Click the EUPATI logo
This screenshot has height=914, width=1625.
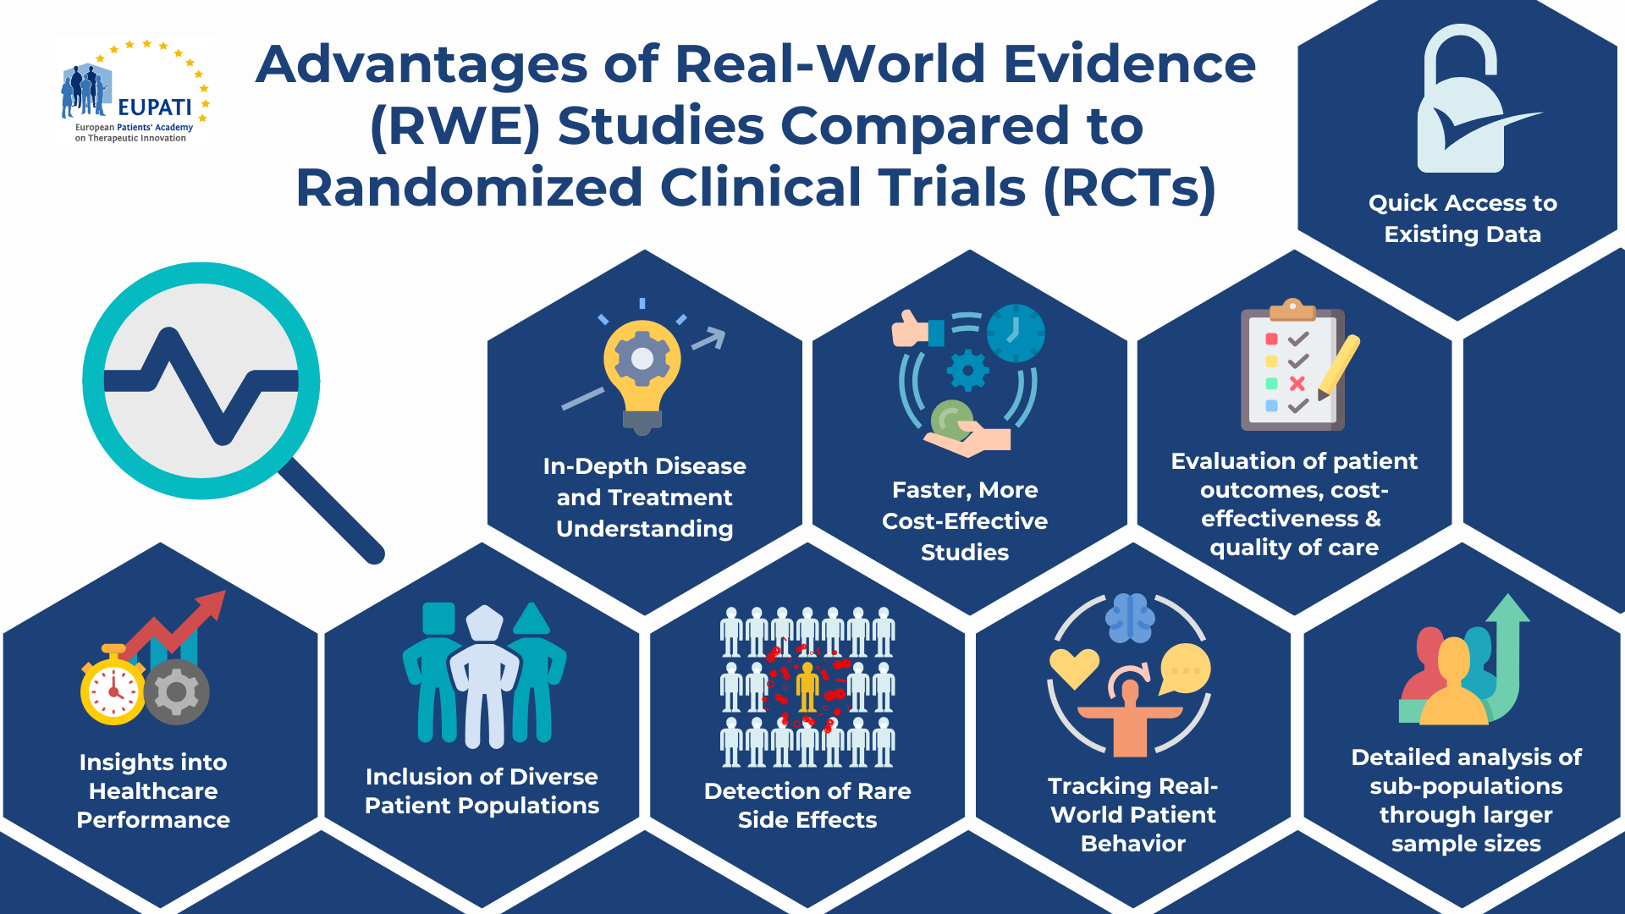tap(135, 91)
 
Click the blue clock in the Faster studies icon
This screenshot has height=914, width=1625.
tap(1016, 333)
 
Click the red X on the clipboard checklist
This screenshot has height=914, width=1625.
tap(1297, 383)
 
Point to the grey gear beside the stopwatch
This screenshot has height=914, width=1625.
tap(177, 692)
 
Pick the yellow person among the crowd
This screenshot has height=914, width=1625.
tap(807, 686)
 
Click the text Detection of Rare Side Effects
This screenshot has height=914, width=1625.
tap(807, 805)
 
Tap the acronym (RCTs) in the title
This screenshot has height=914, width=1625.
tap(1130, 187)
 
